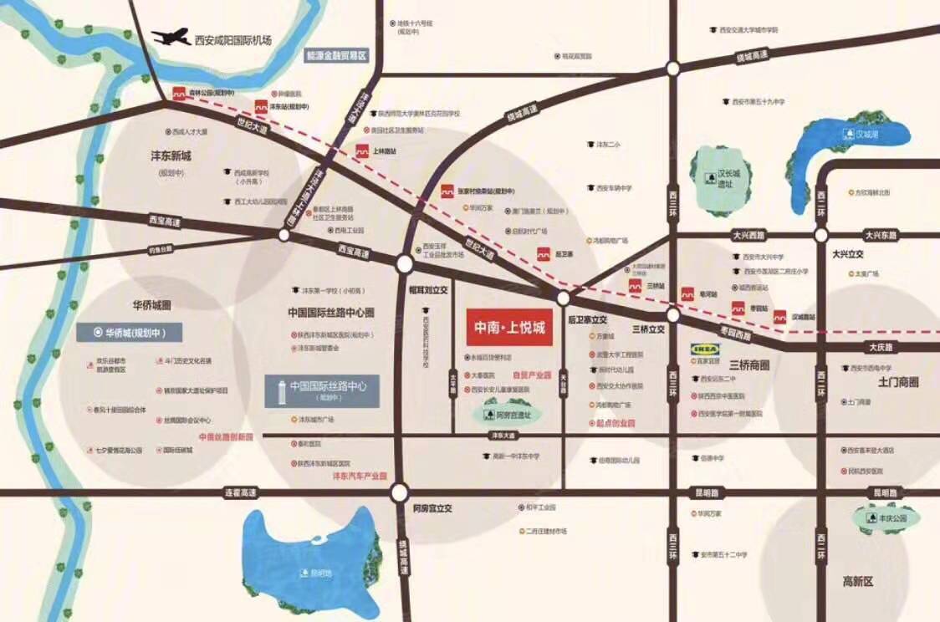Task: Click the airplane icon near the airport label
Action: tap(170, 38)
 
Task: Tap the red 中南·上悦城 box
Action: tap(509, 328)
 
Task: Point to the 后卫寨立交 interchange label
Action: tap(587, 319)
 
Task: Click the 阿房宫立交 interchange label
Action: tap(432, 507)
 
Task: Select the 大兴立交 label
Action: tap(847, 253)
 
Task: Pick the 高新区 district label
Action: tap(857, 580)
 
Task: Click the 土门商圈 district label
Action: tap(898, 383)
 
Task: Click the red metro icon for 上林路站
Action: tap(362, 152)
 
